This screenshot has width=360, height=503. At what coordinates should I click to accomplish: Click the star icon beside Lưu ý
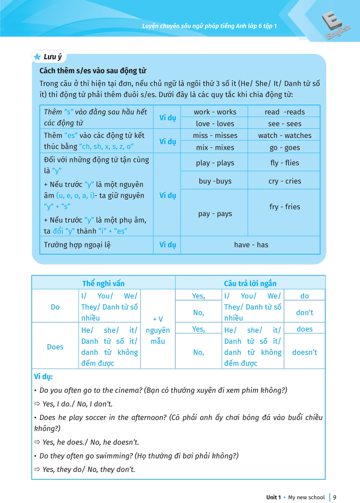[x=37, y=57]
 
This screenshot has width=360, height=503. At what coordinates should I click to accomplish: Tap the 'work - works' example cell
[x=215, y=112]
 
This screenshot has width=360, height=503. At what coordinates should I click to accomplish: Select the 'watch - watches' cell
[x=284, y=135]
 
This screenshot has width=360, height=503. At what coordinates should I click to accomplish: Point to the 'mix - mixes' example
[x=215, y=148]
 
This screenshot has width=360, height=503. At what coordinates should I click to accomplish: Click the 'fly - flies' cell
[x=284, y=163]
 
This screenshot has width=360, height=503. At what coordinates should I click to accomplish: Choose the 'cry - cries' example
[x=284, y=181]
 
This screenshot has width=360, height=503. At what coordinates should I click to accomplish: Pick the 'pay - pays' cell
[x=215, y=214]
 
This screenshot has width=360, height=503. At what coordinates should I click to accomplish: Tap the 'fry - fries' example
[x=284, y=207]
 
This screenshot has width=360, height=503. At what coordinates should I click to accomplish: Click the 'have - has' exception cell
[x=251, y=245]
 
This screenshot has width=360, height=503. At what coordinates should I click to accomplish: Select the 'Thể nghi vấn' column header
[x=103, y=283]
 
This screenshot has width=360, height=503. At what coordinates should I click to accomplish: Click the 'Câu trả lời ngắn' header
[x=250, y=283]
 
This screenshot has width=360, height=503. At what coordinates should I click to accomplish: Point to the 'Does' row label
[x=55, y=347]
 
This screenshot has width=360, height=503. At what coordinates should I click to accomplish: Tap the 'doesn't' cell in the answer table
[x=304, y=352]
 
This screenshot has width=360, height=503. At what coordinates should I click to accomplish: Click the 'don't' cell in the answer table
[x=304, y=313]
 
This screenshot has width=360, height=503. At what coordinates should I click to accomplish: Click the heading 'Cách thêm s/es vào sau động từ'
[x=93, y=71]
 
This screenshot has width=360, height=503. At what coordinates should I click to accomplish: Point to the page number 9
[x=334, y=497]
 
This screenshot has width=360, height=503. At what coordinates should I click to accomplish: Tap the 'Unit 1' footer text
[x=273, y=497]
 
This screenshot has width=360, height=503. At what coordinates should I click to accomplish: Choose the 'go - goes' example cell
[x=284, y=148]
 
